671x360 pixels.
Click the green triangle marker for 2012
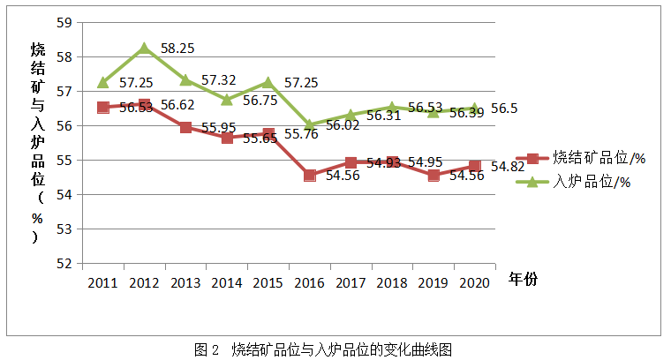click(144, 49)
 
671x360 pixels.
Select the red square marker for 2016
click(309, 175)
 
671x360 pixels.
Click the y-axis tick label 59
click(64, 22)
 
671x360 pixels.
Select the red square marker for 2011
click(103, 107)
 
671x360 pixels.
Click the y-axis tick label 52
click(64, 263)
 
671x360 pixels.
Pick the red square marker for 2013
click(185, 127)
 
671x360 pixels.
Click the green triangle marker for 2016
click(309, 124)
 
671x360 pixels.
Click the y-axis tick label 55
click(64, 160)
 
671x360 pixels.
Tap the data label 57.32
click(218, 80)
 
